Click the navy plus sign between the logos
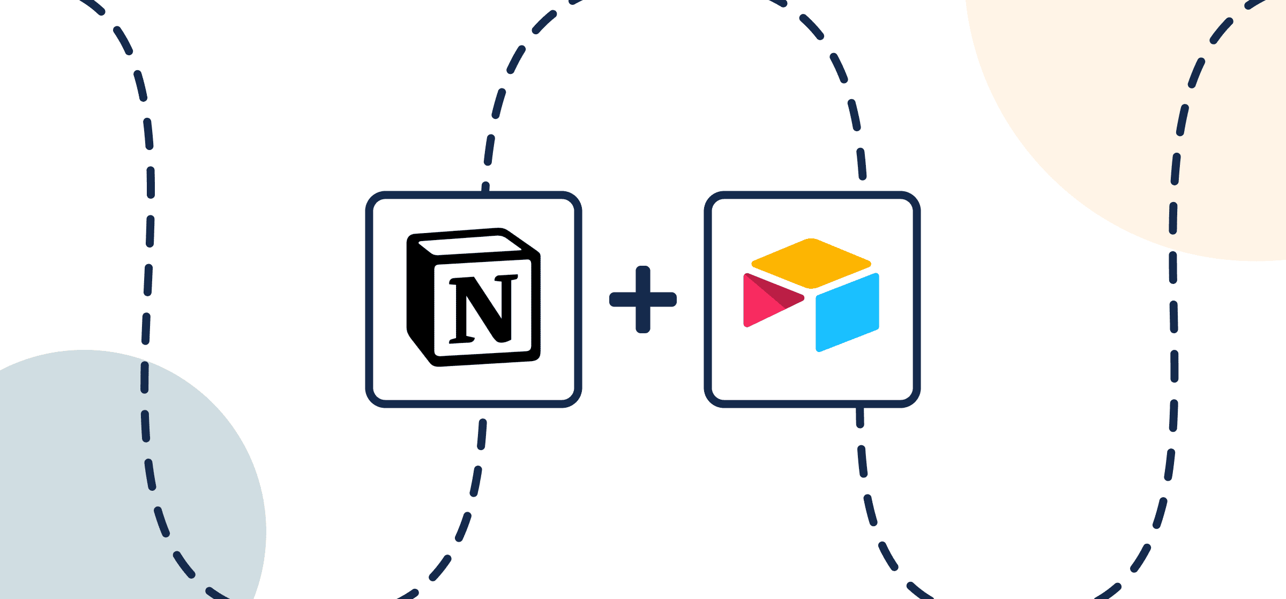pos(643,299)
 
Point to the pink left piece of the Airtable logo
pos(761,305)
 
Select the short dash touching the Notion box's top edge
pos(485,187)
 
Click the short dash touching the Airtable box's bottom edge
pos(859,417)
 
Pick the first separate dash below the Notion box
pos(482,434)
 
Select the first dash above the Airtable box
pos(861,164)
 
